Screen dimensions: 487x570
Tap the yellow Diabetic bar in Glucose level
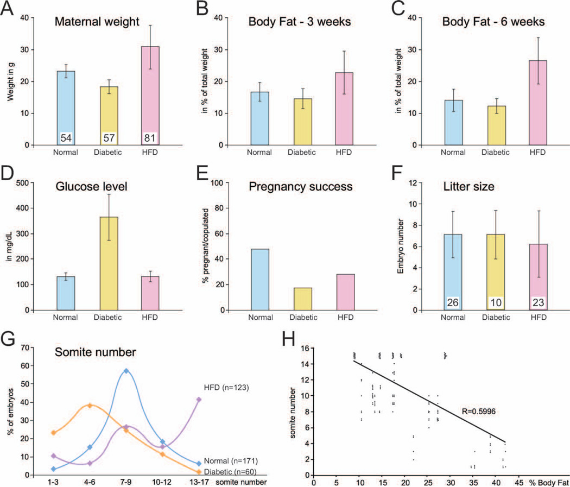point(108,261)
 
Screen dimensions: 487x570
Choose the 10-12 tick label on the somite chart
point(162,482)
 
